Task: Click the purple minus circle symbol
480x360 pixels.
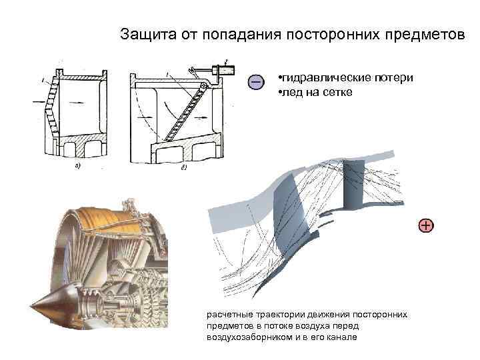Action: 255,81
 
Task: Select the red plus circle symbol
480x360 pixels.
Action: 425,225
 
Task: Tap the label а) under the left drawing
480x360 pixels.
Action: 78,166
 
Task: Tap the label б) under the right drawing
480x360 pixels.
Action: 184,166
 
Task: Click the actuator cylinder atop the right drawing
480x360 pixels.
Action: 221,69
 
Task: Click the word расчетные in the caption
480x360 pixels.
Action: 227,314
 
